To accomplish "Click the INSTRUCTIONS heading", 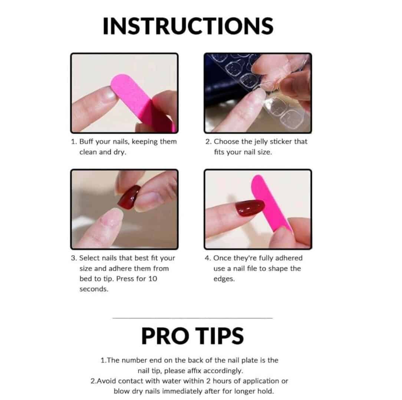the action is [x=188, y=26].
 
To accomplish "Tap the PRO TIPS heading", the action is [x=192, y=336].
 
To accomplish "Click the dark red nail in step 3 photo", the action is [x=129, y=197].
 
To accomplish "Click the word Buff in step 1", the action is [x=86, y=141].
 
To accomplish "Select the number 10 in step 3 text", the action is [x=152, y=279].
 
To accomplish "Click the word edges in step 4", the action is [x=224, y=279].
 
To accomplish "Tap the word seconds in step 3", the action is [x=94, y=289].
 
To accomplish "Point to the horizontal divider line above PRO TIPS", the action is [x=192, y=318].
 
